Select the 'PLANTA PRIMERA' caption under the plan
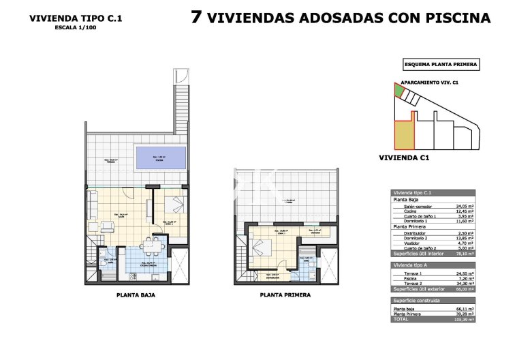[x=285, y=296]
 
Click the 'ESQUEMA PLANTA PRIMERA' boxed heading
[x=441, y=65]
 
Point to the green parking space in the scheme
[x=398, y=91]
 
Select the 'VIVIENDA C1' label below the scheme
[x=403, y=157]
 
